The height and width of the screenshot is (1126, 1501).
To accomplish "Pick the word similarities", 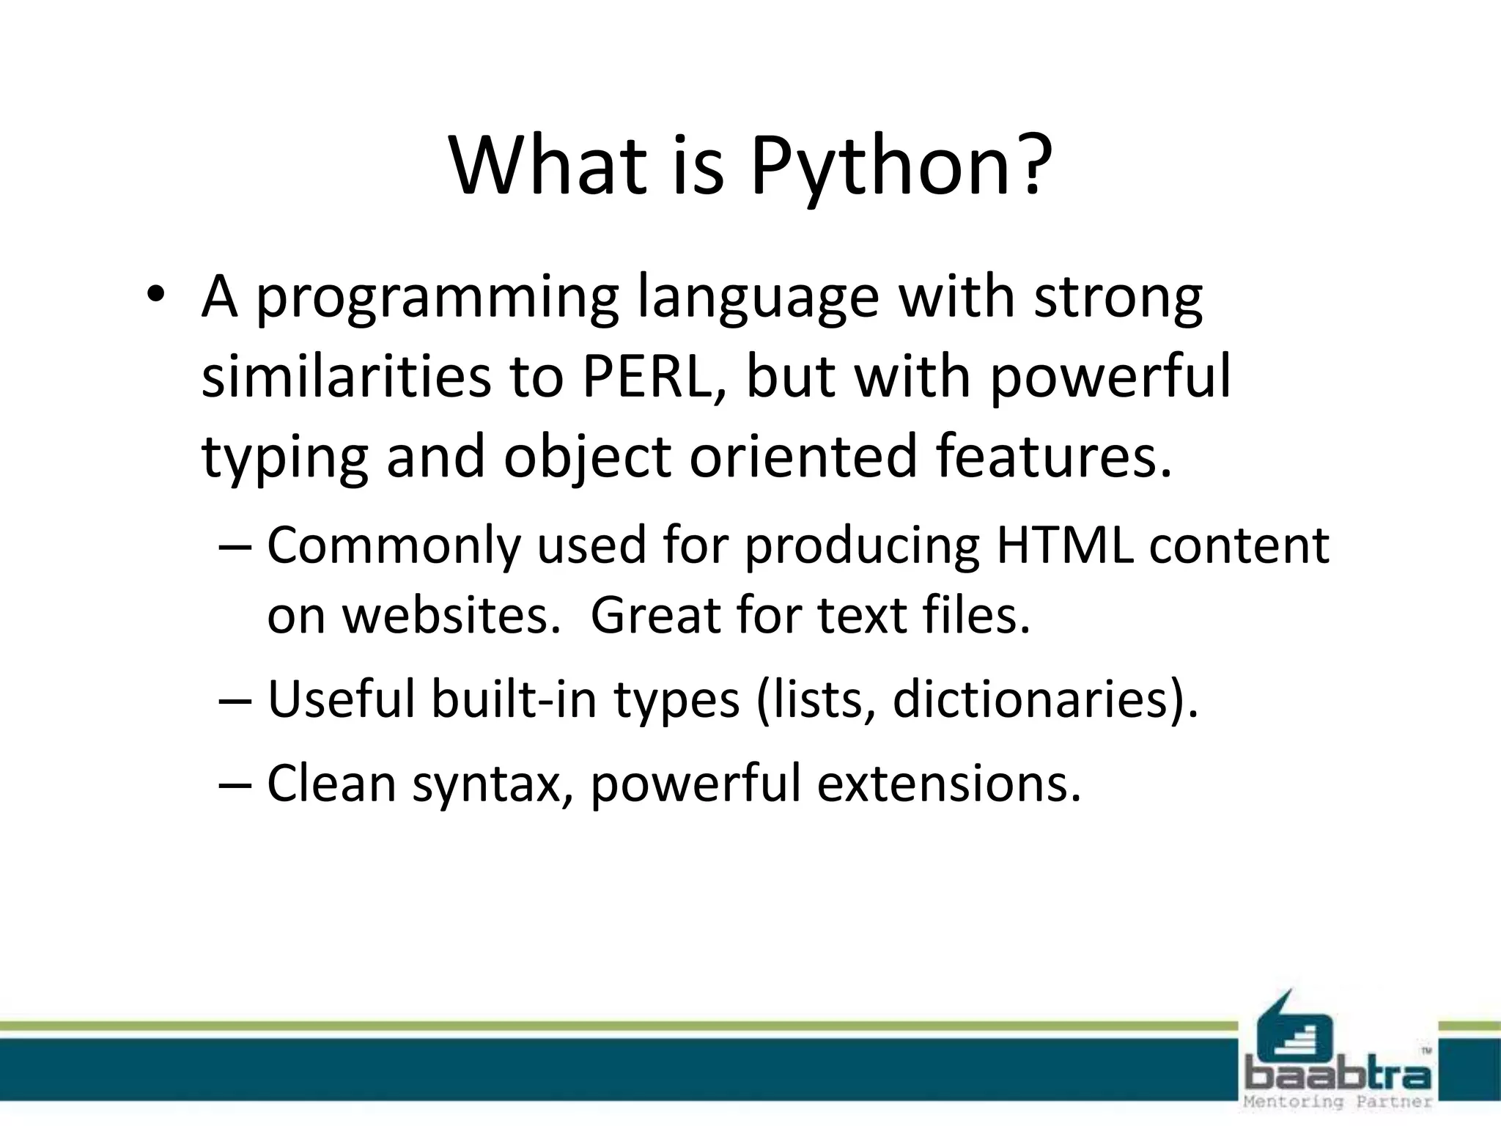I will coord(346,377).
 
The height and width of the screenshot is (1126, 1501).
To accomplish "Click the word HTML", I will coord(1064,545).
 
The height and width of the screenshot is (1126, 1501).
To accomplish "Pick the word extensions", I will coord(948,783).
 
